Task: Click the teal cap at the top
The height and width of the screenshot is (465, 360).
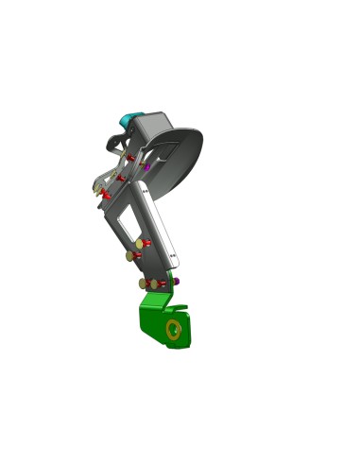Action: [x=126, y=120]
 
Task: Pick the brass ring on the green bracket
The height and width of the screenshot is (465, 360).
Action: [x=174, y=329]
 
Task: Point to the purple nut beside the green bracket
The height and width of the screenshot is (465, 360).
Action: [x=177, y=281]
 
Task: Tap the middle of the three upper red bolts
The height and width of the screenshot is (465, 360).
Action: [x=120, y=177]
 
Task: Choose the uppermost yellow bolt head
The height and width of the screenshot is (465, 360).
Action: [x=139, y=243]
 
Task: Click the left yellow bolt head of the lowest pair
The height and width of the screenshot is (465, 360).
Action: [x=143, y=283]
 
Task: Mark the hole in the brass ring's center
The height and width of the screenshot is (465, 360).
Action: [x=174, y=329]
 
